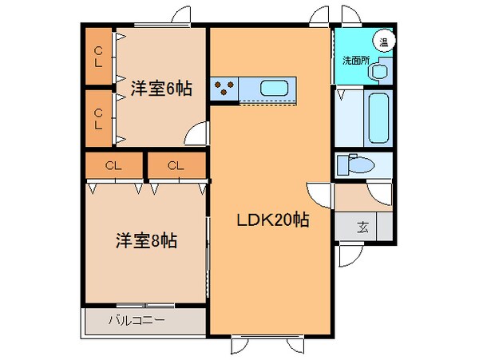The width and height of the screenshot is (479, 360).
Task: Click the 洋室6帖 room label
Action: point(161,89)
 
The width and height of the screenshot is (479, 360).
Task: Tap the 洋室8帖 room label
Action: point(146,240)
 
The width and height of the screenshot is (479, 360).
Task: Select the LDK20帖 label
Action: point(273,220)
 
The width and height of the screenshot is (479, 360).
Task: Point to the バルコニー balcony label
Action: point(137,320)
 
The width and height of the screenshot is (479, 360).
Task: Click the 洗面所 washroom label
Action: point(356,61)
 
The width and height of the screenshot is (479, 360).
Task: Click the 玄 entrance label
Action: point(362,227)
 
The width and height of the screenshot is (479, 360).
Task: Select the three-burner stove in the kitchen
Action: point(224,89)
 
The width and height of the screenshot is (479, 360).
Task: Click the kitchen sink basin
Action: point(274,89)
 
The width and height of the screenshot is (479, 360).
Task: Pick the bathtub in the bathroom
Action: point(378,118)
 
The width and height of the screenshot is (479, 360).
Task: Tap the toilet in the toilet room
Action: point(355,164)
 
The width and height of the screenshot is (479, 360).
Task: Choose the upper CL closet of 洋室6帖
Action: point(98,56)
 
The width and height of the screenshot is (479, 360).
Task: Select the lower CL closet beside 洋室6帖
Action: point(98,118)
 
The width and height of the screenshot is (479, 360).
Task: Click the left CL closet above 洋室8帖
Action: point(114,165)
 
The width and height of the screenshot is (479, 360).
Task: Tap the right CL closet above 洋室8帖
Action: point(176,165)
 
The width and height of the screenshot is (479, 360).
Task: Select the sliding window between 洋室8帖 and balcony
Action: point(145,305)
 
